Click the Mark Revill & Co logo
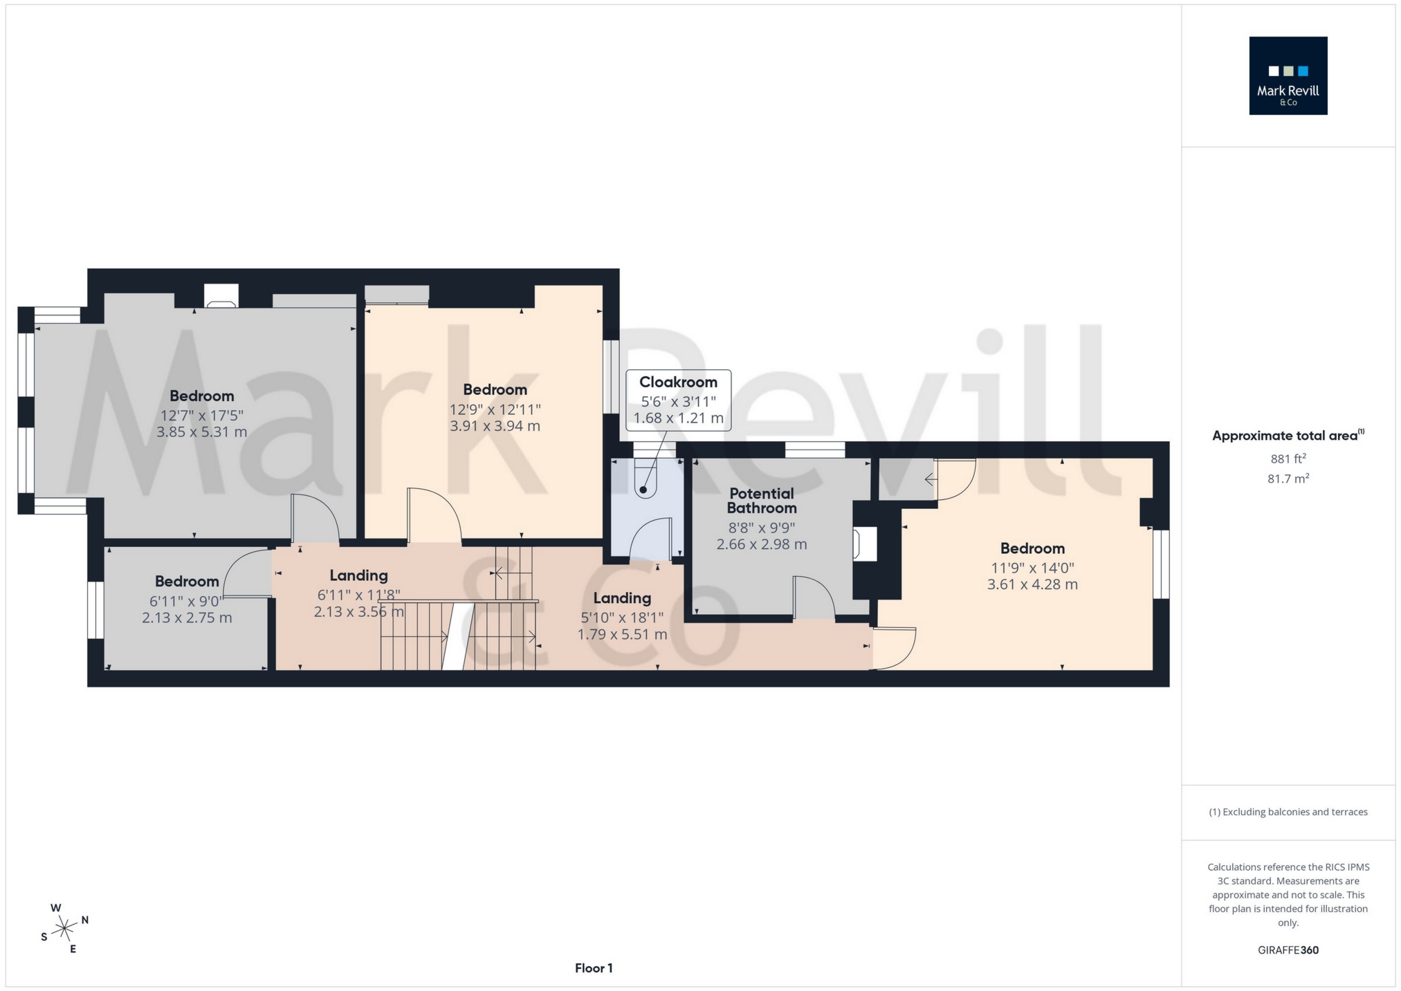pos(1288,75)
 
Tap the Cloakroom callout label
pos(678,382)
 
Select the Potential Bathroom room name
pos(762,501)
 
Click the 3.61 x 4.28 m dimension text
pos(1032,584)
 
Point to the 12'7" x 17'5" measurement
pos(202,416)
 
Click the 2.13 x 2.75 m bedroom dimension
pos(187,618)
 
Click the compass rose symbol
pos(64,927)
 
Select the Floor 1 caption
pos(594,968)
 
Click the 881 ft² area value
pos(1288,459)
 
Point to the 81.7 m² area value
pos(1288,479)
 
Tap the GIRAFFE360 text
pos(1288,950)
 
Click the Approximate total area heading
pos(1288,436)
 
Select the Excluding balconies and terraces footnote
pos(1288,812)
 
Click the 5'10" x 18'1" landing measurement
pos(622,618)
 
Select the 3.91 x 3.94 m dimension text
pos(495,426)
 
